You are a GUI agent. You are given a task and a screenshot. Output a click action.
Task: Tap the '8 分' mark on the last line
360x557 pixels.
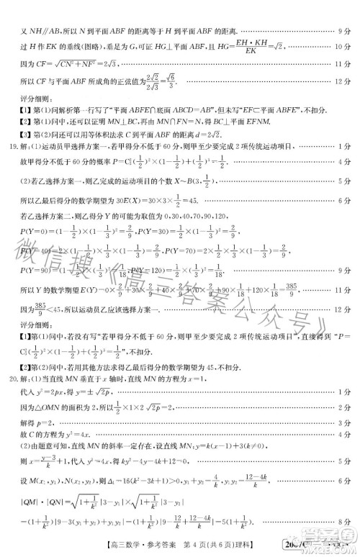pyautogui.click(x=343, y=533)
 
